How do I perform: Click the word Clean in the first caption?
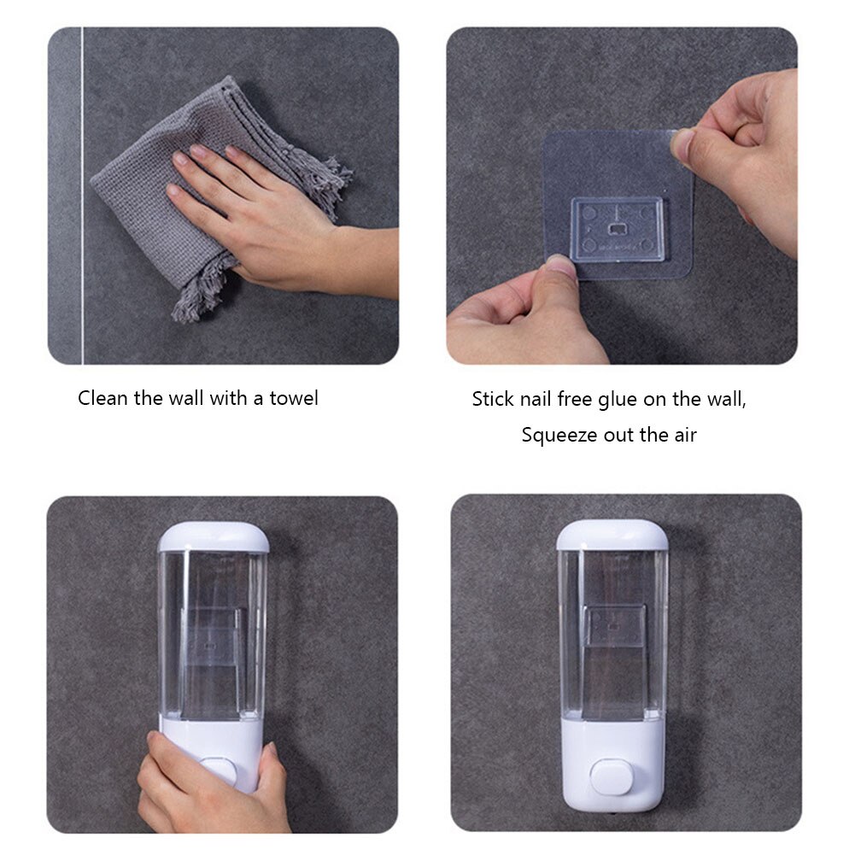103,398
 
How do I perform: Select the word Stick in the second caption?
493,399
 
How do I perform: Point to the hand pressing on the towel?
256,214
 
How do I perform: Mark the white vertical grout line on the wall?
82,196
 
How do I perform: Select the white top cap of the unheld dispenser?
612,535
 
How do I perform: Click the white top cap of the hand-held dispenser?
214,536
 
